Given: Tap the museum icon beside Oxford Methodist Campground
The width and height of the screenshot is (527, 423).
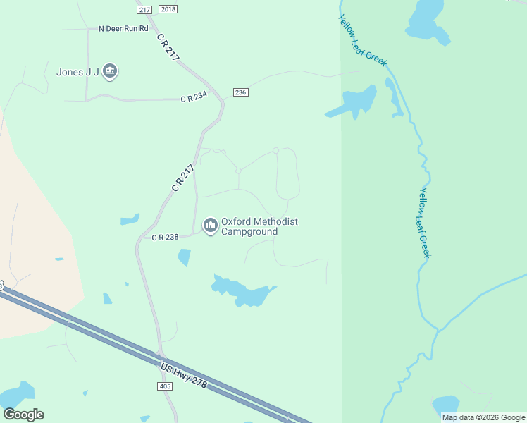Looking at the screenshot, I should click(x=210, y=226).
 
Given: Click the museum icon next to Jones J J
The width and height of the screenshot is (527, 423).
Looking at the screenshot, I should click(x=109, y=71).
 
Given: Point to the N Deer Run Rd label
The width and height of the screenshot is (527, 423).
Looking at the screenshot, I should click(x=123, y=29).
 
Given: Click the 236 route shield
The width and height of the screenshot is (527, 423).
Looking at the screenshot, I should click(x=241, y=92).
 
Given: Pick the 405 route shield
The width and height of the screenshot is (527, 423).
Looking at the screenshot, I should click(x=165, y=386).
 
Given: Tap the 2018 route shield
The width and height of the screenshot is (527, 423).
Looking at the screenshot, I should click(x=168, y=9).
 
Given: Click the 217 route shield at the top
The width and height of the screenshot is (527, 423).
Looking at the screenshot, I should click(x=144, y=9).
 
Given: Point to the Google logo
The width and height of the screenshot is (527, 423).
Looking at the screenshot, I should click(x=23, y=415).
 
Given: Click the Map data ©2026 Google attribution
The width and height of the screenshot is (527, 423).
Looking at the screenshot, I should click(x=483, y=417).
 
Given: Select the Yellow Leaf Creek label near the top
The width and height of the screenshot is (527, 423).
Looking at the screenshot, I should click(x=362, y=41).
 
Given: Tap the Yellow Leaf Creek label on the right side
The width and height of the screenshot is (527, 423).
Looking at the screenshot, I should click(x=424, y=222).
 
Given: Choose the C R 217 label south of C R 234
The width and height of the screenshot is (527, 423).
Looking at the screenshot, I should click(x=182, y=178).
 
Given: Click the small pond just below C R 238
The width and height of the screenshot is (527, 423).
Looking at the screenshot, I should click(x=185, y=257).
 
